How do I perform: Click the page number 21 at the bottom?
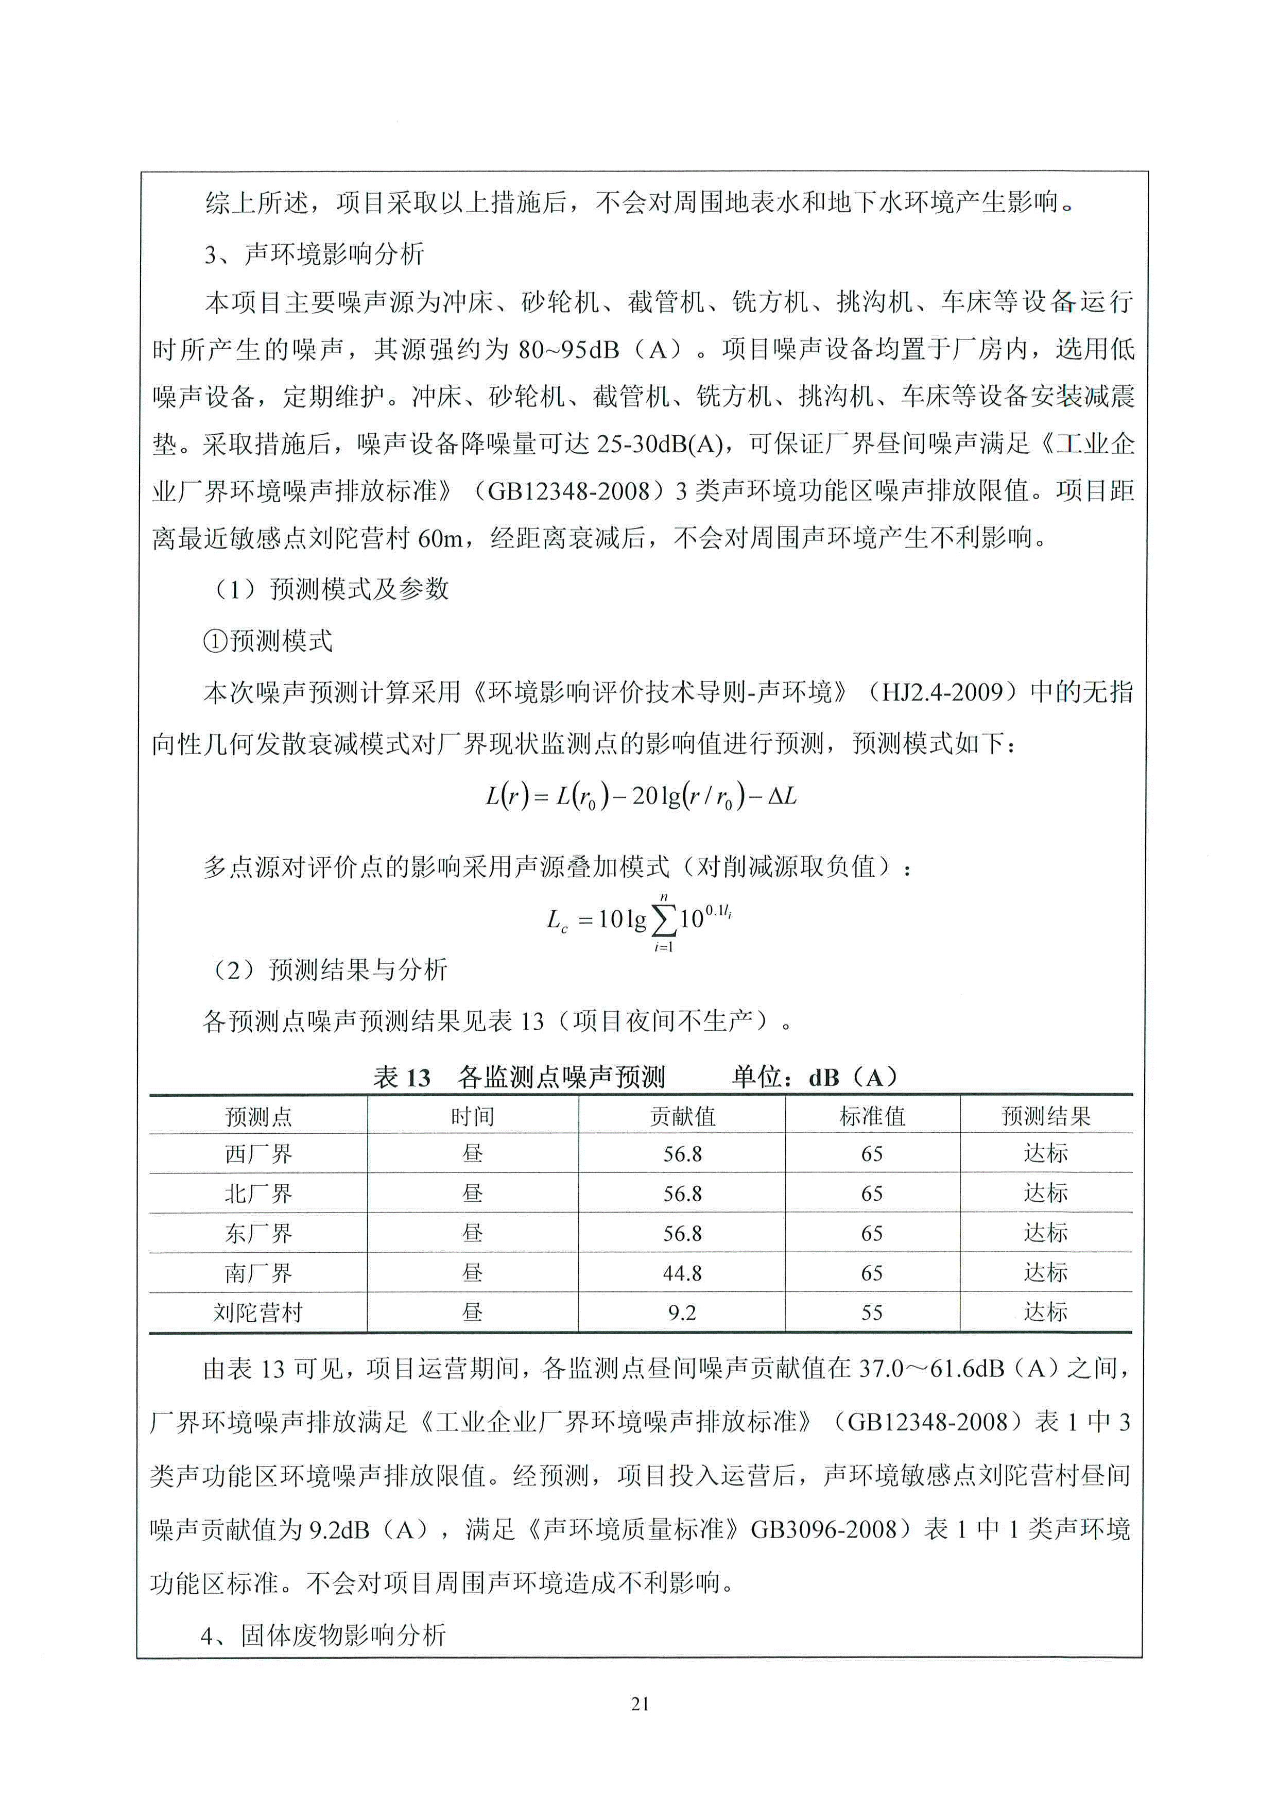[640, 1703]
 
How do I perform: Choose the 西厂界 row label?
[258, 1154]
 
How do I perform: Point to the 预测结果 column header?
[1045, 1116]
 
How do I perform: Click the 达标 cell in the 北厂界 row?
[1045, 1193]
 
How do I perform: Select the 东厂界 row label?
[258, 1233]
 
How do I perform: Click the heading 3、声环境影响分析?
[315, 254]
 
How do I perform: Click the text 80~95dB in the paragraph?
[568, 349]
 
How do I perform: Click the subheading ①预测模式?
[268, 641]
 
